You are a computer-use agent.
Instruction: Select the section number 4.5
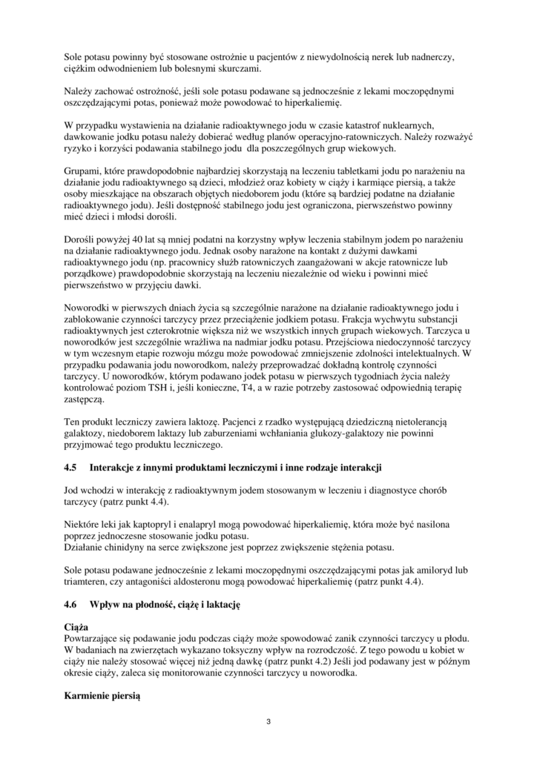point(71,468)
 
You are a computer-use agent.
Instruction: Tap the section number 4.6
point(71,606)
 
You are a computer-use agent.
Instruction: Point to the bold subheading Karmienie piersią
point(102,697)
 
